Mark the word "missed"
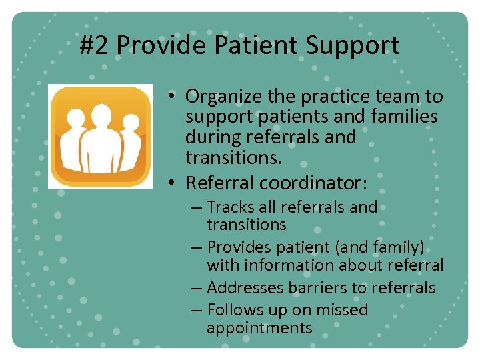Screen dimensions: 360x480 [x=341, y=310]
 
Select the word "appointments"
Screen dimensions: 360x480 [x=259, y=327]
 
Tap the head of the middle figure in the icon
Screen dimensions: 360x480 [x=101, y=114]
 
